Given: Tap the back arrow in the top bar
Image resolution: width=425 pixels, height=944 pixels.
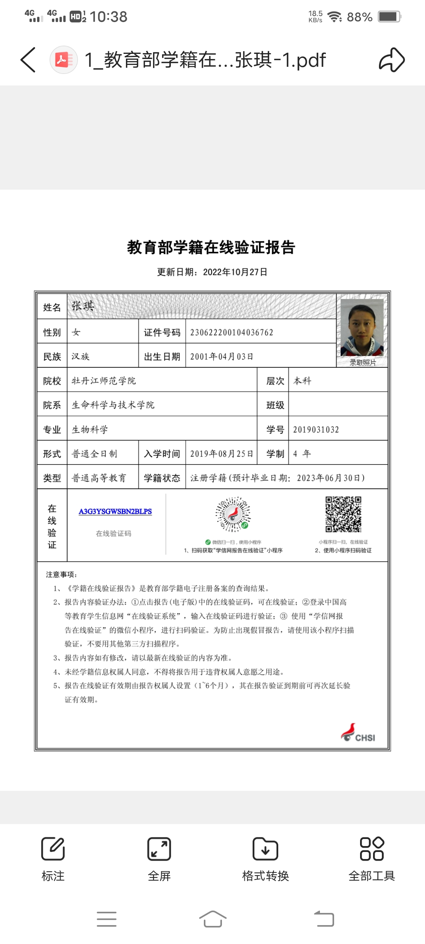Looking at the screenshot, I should pyautogui.click(x=28, y=60).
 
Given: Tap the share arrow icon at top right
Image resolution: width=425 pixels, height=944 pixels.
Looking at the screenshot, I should pyautogui.click(x=392, y=60).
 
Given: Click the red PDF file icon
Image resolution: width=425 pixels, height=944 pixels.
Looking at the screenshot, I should pyautogui.click(x=63, y=60).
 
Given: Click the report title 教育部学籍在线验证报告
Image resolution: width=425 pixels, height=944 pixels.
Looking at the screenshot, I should pyautogui.click(x=211, y=247).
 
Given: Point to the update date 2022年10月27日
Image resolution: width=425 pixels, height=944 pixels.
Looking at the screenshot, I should pyautogui.click(x=235, y=272).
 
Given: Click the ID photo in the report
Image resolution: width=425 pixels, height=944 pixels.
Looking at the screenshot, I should pyautogui.click(x=362, y=327).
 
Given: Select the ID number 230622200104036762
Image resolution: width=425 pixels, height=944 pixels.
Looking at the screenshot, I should pyautogui.click(x=231, y=332).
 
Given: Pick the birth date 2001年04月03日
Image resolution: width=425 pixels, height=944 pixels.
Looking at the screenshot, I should pyautogui.click(x=222, y=356).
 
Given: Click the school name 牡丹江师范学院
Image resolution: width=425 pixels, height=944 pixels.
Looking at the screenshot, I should pyautogui.click(x=103, y=381).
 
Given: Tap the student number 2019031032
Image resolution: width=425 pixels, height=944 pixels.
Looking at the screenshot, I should pyautogui.click(x=316, y=430).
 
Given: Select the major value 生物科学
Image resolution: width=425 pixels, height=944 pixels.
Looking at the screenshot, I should pyautogui.click(x=90, y=430).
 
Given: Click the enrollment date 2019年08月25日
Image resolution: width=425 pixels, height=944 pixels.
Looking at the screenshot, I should pyautogui.click(x=222, y=454).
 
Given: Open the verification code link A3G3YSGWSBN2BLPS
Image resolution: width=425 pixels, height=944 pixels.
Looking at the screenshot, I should pyautogui.click(x=115, y=511).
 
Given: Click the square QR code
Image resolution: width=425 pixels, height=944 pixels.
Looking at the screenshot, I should pyautogui.click(x=343, y=514).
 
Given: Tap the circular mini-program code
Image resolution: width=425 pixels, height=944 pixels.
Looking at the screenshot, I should pyautogui.click(x=233, y=514).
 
